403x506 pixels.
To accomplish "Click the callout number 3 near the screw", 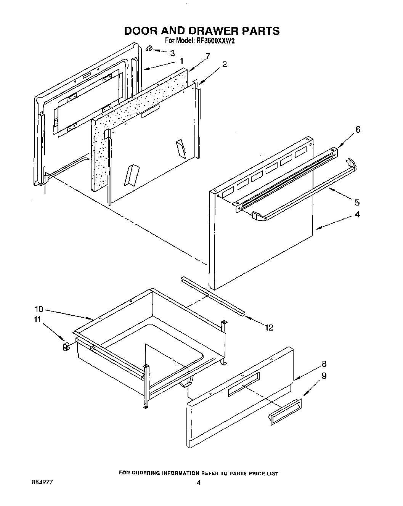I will [x=173, y=53].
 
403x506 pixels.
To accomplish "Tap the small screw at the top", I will [x=150, y=48].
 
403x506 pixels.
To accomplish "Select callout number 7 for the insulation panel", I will [x=207, y=56].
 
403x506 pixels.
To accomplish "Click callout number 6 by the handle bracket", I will [x=357, y=129].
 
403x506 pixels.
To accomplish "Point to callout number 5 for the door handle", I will [x=357, y=202].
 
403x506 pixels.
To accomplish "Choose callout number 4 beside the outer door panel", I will [x=357, y=214].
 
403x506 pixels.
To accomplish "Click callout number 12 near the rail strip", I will [x=269, y=327].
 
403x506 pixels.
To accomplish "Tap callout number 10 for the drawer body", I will [x=39, y=309].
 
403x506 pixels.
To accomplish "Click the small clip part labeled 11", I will [x=65, y=347].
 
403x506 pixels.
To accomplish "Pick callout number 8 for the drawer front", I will [x=324, y=363].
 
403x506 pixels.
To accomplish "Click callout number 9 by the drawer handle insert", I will [x=324, y=376].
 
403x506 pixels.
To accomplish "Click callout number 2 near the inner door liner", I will [x=224, y=64].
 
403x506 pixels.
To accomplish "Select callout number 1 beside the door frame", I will [x=182, y=61].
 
